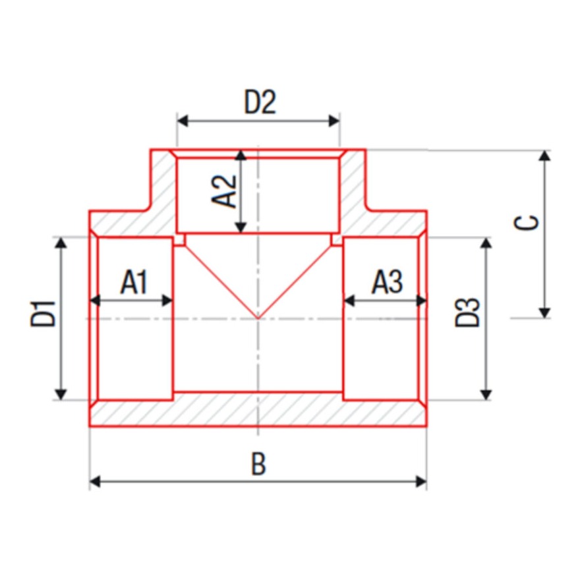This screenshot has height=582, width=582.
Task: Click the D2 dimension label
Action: coord(260,102)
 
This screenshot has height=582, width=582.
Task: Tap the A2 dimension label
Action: coord(224,191)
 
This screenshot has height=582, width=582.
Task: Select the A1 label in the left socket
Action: coord(134,282)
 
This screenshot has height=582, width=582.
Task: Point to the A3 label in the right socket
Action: coord(387,282)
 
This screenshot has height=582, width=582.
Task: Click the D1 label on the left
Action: coord(43,314)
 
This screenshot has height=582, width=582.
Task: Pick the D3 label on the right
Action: coord(467,312)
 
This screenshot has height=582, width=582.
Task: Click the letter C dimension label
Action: coord(525,222)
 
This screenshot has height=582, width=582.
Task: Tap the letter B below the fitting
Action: coord(259,463)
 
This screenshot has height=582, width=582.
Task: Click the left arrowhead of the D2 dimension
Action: coord(183,121)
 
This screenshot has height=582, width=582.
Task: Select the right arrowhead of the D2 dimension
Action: coord(334,121)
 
